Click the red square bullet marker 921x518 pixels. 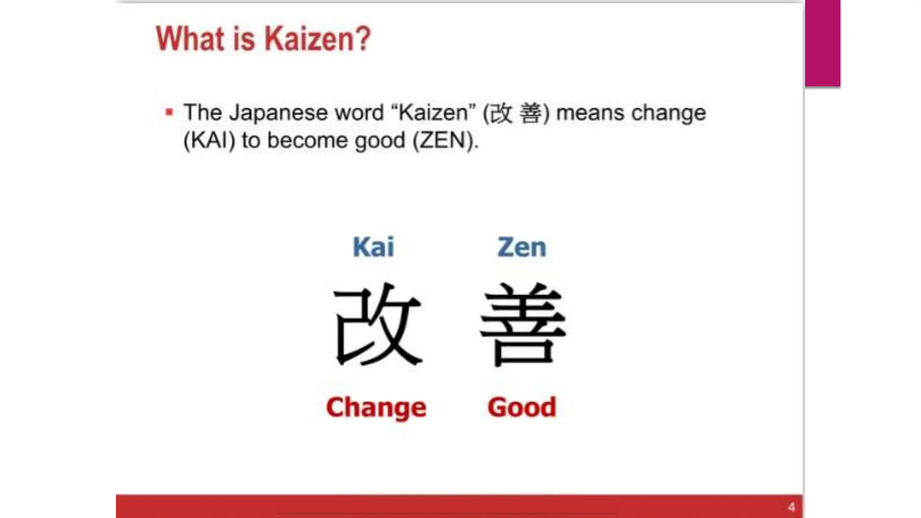(x=169, y=112)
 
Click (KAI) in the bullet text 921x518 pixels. (x=210, y=140)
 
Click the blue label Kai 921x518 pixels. (x=373, y=247)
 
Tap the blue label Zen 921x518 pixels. (x=522, y=247)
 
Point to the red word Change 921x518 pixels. (x=376, y=407)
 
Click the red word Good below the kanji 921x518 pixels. (x=522, y=407)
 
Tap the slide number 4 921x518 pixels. (x=791, y=507)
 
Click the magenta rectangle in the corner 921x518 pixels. (x=823, y=43)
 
